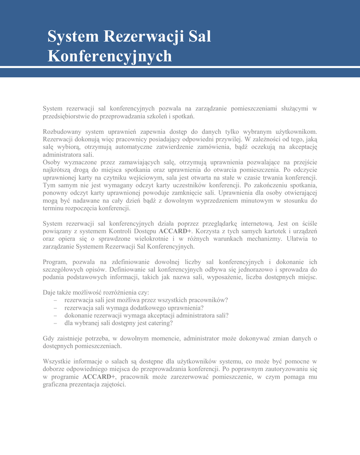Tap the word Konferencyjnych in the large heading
coord(110,56)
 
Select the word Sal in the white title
coord(200,36)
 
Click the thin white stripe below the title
coord(180,67)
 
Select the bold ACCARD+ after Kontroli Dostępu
coord(175,231)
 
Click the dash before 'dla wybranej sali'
coord(55,323)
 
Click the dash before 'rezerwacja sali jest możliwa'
coord(55,300)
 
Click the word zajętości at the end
coord(113,384)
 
